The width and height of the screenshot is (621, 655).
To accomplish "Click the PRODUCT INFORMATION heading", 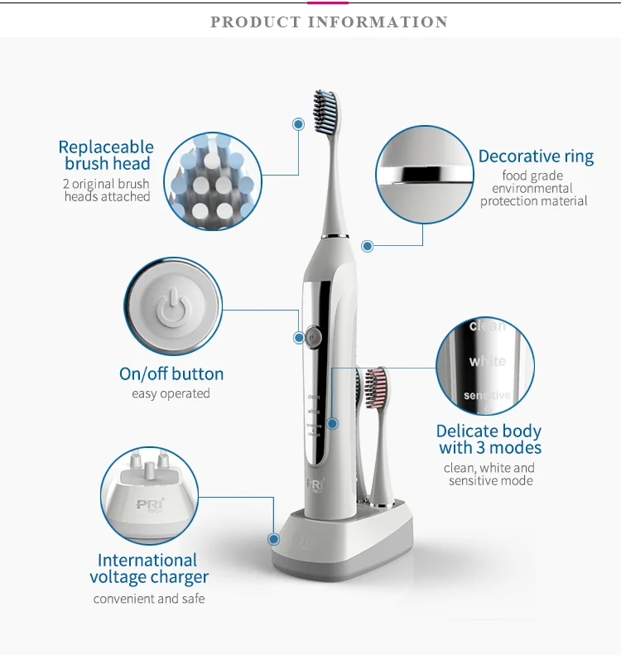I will tap(329, 22).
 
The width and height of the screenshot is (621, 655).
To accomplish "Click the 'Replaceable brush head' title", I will tap(106, 155).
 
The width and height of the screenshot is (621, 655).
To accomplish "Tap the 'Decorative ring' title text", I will tap(536, 157).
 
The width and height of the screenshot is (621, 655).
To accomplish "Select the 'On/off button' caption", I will tap(171, 374).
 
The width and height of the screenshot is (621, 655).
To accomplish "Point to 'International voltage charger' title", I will tap(148, 569).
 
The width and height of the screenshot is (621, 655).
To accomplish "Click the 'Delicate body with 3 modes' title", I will tap(489, 439).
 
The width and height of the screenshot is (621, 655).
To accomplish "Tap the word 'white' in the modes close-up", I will tap(487, 361).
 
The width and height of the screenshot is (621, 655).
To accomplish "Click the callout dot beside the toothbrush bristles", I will tap(298, 123).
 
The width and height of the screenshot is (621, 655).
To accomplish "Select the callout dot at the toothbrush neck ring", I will tap(368, 246).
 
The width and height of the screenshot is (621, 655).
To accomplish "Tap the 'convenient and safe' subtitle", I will tap(149, 599).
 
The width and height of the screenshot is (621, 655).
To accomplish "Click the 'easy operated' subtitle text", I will tap(171, 394).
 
